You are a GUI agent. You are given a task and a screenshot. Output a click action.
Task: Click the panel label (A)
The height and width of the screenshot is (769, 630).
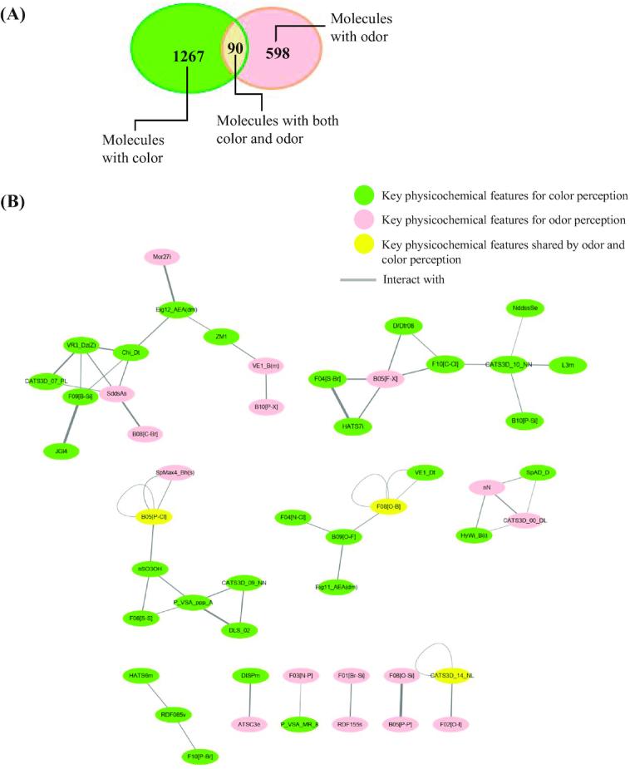click(16, 15)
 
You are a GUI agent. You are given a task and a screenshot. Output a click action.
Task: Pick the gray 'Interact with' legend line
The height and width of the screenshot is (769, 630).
click(359, 279)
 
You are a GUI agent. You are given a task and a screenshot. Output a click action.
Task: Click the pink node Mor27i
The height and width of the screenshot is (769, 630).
click(162, 258)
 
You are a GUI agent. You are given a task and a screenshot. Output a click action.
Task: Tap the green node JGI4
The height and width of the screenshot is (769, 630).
click(61, 450)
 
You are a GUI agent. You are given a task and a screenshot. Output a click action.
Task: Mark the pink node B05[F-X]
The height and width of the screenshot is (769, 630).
click(391, 380)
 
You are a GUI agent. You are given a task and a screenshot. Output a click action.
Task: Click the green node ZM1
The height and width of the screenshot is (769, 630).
click(222, 337)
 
